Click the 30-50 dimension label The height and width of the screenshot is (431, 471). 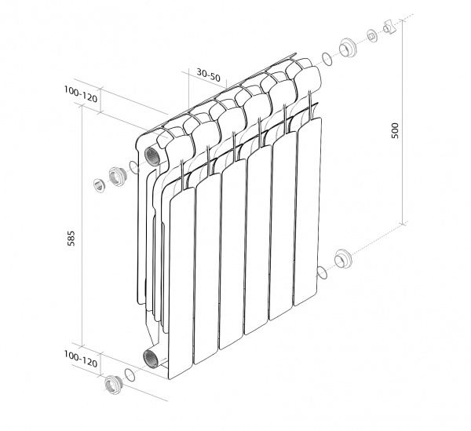point(208,75)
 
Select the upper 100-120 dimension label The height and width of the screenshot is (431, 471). point(81,94)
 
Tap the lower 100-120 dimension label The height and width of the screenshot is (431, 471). point(81,360)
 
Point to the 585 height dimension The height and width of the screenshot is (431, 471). point(71,239)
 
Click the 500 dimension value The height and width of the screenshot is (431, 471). point(395,130)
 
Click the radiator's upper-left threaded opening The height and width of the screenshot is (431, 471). point(151,155)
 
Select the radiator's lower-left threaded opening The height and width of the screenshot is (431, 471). point(149,358)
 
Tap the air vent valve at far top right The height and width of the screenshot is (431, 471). point(389,27)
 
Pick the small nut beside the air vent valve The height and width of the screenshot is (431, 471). point(372,36)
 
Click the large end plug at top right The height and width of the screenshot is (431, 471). point(348,48)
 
